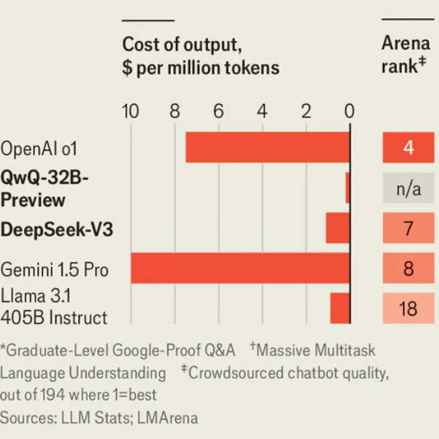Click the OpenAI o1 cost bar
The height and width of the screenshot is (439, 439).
pyautogui.click(x=268, y=147)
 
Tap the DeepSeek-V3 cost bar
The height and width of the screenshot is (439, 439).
pyautogui.click(x=338, y=228)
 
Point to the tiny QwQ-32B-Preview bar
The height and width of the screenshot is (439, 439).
pyautogui.click(x=347, y=188)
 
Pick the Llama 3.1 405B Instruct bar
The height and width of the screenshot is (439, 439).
pyautogui.click(x=340, y=308)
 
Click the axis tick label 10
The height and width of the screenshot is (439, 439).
pyautogui.click(x=130, y=111)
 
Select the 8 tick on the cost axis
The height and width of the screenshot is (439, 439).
pyautogui.click(x=174, y=111)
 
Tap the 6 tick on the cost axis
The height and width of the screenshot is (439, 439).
pyautogui.click(x=218, y=111)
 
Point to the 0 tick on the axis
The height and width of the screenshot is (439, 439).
pyautogui.click(x=349, y=111)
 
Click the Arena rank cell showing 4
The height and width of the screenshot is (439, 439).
pyautogui.click(x=408, y=147)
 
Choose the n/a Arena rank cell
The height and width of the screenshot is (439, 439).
pyautogui.click(x=408, y=188)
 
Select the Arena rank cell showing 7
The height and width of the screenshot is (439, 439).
pyautogui.click(x=408, y=228)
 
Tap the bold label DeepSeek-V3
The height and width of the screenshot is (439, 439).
pyautogui.click(x=56, y=230)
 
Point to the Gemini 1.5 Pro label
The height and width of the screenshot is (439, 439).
pyautogui.click(x=54, y=270)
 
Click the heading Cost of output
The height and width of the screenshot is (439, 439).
pyautogui.click(x=181, y=46)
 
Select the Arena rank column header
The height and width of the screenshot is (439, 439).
pyautogui.click(x=406, y=55)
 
